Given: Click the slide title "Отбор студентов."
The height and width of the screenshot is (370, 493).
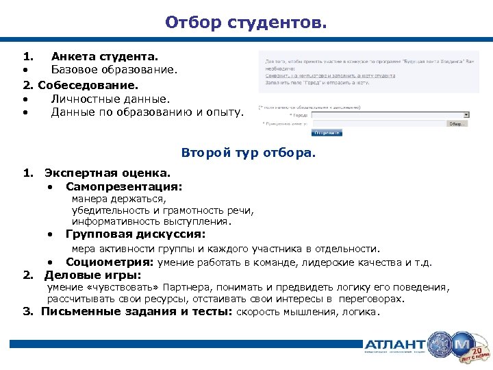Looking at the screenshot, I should coord(246,23).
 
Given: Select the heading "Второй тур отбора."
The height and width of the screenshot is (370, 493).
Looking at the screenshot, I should coord(249,153).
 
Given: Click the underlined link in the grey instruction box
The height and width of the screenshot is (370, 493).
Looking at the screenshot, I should coord(329,75).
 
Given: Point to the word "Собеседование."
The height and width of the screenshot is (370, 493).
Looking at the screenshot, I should coord(88,86).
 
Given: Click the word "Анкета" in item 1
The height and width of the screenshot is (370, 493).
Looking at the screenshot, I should coord(73,56).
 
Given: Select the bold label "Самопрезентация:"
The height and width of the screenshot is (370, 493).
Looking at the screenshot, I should coord(124,186).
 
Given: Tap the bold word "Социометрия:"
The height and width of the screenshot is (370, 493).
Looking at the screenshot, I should coord(110,262).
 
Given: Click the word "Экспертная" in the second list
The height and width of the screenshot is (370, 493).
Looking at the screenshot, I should coord(77,173).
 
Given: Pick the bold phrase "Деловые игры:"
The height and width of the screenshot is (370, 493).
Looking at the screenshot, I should coord(92,275).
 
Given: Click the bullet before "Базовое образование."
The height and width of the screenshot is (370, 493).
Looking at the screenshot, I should coord(25,70).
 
